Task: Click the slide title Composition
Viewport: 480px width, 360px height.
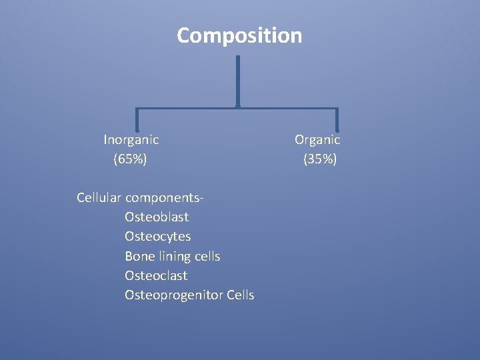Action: [239, 35]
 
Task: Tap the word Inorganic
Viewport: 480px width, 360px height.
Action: [131, 140]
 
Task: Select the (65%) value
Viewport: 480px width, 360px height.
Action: [131, 159]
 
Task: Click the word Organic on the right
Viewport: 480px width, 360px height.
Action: [317, 140]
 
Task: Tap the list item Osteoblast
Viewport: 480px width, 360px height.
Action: [157, 217]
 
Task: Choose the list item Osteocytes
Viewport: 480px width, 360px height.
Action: [157, 237]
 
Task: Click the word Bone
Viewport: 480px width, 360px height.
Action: [138, 256]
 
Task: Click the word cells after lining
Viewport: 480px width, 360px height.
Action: [207, 256]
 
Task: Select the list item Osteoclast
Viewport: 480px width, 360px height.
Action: [156, 275]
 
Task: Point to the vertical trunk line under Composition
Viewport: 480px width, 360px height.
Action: [238, 80]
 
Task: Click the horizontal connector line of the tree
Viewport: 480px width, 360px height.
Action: [187, 108]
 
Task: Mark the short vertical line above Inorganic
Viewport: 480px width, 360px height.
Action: [137, 119]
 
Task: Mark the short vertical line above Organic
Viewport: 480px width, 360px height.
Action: [337, 119]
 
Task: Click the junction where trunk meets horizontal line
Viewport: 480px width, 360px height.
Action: [238, 107]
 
